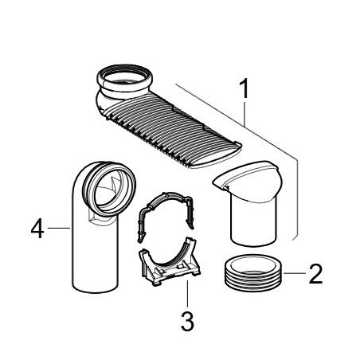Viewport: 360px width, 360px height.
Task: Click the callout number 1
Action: (244, 88)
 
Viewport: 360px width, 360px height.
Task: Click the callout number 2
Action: (315, 274)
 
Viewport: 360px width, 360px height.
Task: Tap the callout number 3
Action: (187, 321)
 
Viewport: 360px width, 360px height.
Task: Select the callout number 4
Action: (37, 228)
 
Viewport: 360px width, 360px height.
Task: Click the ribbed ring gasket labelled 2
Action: (253, 273)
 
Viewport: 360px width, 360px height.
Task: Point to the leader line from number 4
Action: (59, 228)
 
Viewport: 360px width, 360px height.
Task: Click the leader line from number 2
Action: (295, 273)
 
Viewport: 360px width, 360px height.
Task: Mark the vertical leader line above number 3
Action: (187, 294)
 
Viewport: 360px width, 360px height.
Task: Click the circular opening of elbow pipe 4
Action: (109, 189)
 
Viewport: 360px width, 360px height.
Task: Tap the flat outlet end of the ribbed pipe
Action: (216, 158)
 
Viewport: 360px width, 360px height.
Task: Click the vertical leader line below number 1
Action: (244, 112)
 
